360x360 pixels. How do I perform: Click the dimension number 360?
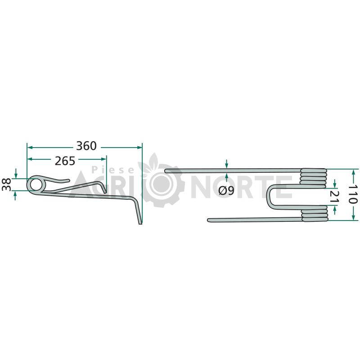pos(86,146)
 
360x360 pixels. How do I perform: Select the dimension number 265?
pos(65,161)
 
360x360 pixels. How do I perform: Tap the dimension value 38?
pos(6,184)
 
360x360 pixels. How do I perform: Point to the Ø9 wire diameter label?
pos(226,190)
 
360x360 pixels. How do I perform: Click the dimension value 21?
pos(334,197)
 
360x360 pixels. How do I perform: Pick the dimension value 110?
pos(352,194)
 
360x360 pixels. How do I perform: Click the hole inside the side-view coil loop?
pos(36,184)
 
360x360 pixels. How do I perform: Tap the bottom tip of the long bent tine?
pos(140,224)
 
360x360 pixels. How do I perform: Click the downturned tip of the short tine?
pos(105,192)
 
